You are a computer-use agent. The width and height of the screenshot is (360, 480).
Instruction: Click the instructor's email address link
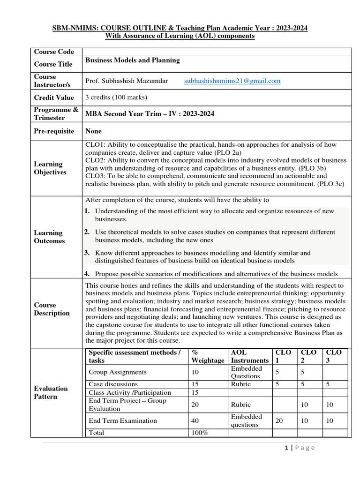click(232, 81)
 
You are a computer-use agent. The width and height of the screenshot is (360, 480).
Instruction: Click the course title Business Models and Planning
click(132, 60)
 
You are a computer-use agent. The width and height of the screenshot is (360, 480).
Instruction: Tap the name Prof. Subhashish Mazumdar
click(127, 81)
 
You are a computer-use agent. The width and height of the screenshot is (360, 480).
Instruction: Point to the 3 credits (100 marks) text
click(116, 97)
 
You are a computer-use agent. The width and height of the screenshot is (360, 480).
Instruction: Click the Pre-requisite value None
click(93, 131)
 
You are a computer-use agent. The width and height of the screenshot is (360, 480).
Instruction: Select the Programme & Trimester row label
click(56, 114)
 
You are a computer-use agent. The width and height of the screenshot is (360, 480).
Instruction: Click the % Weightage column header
click(208, 356)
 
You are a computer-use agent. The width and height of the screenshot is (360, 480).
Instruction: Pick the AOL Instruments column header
click(250, 356)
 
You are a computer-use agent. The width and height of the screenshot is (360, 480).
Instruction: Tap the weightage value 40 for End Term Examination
click(195, 421)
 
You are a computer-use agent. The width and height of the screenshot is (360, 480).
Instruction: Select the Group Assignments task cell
click(118, 372)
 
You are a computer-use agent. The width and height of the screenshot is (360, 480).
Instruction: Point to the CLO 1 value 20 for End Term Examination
click(279, 421)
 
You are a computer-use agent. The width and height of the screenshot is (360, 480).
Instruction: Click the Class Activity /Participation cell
click(130, 392)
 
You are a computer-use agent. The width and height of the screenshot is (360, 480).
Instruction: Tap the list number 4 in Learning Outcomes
click(87, 274)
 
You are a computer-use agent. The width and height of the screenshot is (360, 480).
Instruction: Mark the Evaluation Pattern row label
click(51, 392)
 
